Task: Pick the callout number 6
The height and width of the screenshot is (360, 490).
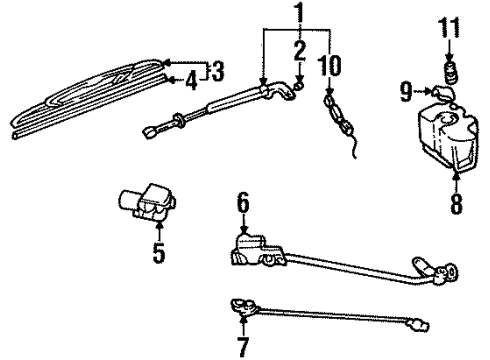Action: pos(241,204)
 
